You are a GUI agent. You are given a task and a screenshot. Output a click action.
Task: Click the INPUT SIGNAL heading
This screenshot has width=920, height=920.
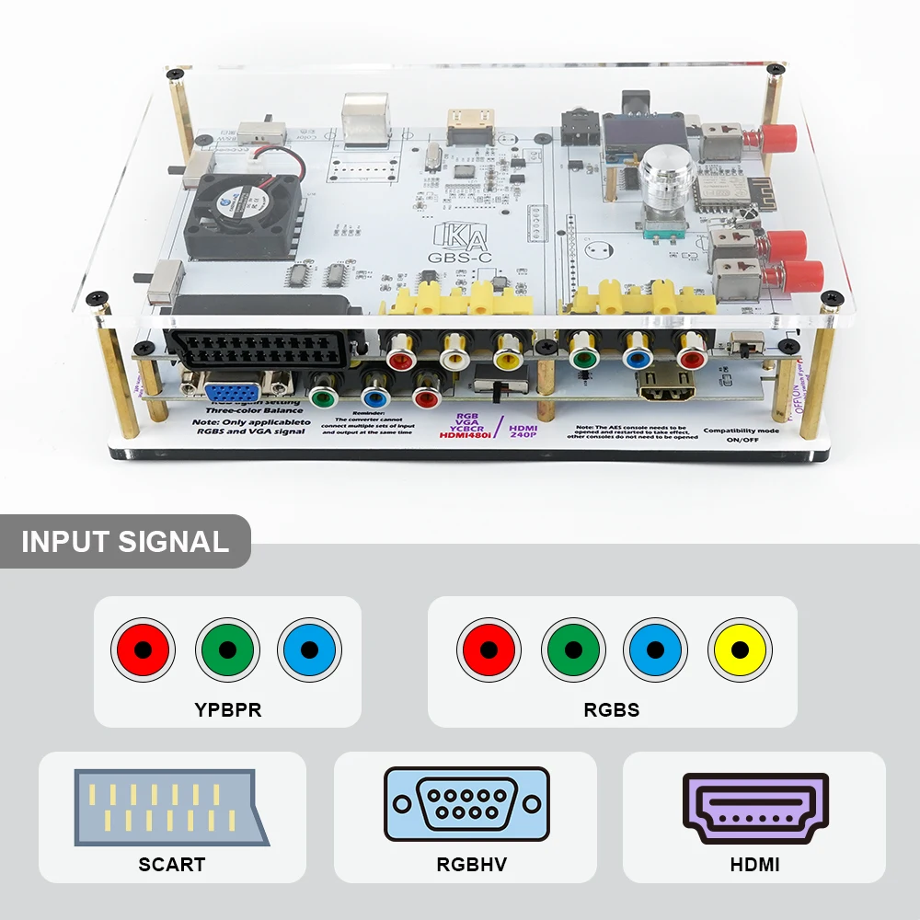coord(125,541)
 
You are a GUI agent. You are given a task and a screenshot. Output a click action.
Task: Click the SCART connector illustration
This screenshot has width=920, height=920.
coord(171,809)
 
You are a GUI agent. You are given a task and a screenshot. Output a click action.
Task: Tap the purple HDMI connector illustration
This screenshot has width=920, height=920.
coord(755,808)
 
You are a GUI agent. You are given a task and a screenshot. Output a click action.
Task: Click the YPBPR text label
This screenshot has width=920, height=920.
coord(226,708)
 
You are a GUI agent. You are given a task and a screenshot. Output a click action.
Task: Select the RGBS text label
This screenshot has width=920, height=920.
coord(612,708)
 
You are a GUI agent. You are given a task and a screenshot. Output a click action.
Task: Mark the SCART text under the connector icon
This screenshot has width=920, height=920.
coord(171,865)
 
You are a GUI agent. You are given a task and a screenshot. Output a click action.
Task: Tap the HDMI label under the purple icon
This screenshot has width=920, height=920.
coord(754,865)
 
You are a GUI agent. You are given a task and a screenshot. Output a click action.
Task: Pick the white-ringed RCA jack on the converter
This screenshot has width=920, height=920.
coord(455,350)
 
